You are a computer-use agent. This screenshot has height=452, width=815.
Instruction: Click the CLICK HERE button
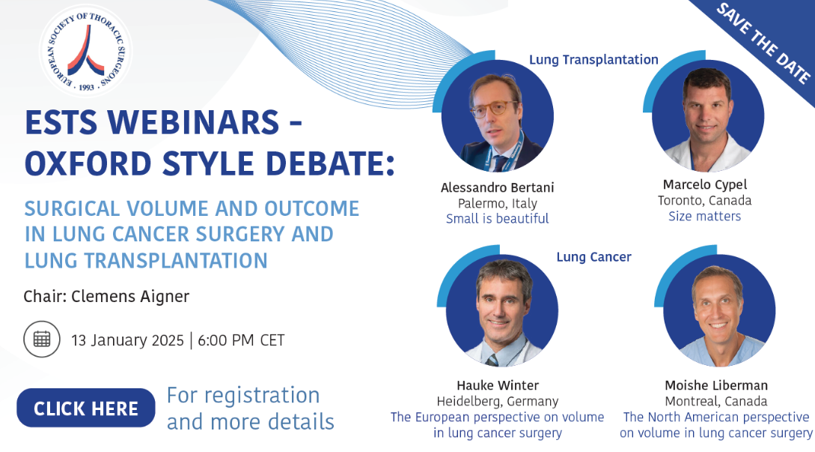86,409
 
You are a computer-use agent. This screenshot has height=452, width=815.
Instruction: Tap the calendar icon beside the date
42,339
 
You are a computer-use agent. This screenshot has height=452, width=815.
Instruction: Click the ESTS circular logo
86,50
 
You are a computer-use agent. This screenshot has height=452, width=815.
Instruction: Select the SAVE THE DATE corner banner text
763,42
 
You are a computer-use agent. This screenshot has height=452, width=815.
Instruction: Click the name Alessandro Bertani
498,187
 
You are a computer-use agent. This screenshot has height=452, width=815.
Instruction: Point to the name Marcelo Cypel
705,185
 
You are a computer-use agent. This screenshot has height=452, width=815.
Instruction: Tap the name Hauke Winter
498,385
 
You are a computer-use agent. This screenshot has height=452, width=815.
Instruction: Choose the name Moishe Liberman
716,385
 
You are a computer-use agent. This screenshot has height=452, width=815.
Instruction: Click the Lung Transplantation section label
593,60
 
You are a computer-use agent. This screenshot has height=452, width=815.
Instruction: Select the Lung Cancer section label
593,257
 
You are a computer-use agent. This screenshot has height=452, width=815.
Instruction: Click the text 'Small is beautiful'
498,219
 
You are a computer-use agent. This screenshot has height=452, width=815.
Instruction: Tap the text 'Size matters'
705,217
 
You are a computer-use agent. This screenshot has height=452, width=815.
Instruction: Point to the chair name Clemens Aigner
130,296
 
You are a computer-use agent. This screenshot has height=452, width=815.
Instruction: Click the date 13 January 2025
127,340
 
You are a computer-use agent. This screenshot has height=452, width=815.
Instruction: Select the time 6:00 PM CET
241,340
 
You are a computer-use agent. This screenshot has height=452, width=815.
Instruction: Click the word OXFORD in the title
88,163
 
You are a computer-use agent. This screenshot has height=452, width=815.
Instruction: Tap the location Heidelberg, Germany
498,402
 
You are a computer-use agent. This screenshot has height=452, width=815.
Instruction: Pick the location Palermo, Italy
498,203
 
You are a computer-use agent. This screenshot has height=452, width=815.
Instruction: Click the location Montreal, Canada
716,402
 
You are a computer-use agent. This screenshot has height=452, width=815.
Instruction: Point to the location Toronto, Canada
705,201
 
